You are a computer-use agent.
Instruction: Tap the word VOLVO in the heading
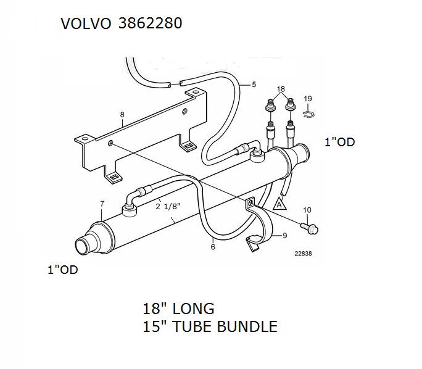tap(86, 23)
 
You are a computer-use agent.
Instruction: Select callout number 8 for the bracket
tap(122, 115)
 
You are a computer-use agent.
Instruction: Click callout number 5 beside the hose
tap(253, 85)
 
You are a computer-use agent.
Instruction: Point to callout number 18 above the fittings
tap(281, 89)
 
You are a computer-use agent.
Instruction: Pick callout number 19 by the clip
tap(308, 99)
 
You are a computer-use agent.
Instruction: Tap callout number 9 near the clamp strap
tap(285, 235)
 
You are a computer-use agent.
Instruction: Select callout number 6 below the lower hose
tap(213, 247)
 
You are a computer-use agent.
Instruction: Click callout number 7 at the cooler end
tap(102, 204)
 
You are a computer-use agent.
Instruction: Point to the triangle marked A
tap(279, 203)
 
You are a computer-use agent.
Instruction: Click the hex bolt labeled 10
tap(310, 228)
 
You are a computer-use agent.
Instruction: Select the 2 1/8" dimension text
tap(168, 207)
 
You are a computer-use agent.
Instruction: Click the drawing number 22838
tap(304, 253)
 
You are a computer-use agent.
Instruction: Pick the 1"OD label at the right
tap(339, 143)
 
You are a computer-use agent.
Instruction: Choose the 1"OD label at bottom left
tap(63, 270)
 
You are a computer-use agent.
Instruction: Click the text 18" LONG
tap(178, 309)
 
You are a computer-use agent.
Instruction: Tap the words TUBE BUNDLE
tap(236, 326)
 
